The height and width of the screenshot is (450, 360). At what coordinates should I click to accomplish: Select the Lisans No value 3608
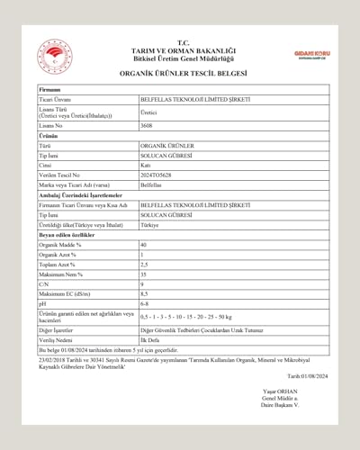(146, 127)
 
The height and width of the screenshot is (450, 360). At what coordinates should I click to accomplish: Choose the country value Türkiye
(149, 225)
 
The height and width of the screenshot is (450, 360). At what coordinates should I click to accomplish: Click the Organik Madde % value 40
(144, 245)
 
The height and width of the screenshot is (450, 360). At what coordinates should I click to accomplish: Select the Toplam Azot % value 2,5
(145, 265)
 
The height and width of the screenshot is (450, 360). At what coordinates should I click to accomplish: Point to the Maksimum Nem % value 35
(144, 274)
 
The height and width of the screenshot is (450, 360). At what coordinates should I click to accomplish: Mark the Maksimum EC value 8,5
(145, 294)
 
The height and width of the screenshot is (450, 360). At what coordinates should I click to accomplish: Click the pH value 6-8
(145, 304)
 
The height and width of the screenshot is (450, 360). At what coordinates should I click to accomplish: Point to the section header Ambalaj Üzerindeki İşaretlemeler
(80, 194)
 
